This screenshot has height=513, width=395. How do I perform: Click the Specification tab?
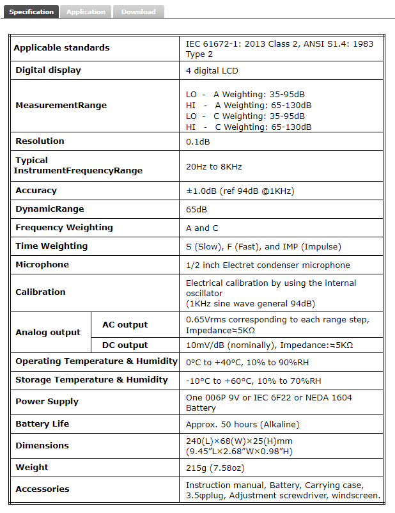coord(31,12)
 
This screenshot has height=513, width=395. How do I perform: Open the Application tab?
coord(86,12)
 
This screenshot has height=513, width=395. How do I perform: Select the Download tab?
coord(138,12)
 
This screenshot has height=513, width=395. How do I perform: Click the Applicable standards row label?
coord(61,47)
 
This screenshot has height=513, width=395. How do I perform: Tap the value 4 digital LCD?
coord(212,70)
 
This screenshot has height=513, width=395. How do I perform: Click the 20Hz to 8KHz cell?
coord(213,166)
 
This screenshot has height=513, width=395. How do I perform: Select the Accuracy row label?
coord(36,191)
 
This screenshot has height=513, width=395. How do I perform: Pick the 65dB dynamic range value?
coord(196,209)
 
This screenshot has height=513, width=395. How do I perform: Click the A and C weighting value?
coord(201,228)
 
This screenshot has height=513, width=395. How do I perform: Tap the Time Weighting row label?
coord(52,246)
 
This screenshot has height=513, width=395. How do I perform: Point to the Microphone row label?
coord(42,265)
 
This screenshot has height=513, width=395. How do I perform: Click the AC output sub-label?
coord(125,325)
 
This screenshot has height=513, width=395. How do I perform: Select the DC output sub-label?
coord(125,345)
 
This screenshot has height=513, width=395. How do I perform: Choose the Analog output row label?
coord(48,333)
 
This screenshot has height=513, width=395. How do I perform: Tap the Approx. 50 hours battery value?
coord(242,424)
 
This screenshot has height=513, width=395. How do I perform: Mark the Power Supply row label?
coord(47,402)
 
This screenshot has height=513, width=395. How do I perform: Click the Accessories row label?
coord(42,489)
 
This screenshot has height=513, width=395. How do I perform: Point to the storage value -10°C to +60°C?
coord(253,381)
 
